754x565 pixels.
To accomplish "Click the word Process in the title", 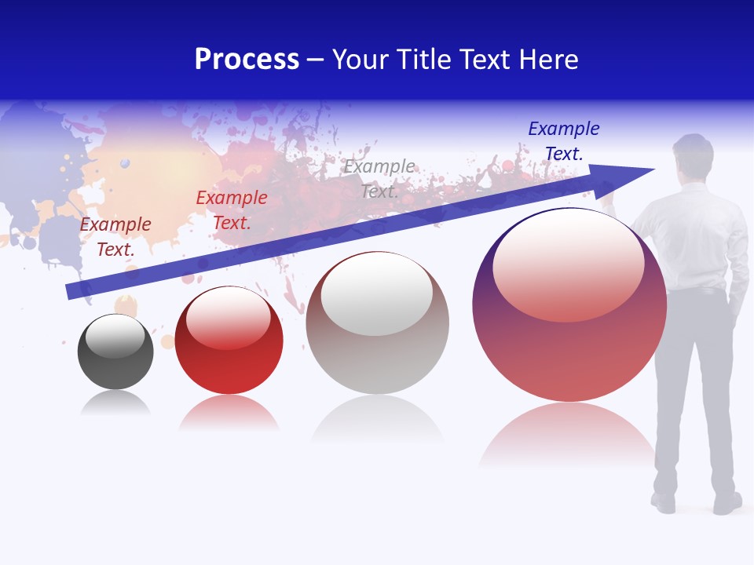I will coord(247,60).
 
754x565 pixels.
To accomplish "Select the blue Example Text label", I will coord(564,141).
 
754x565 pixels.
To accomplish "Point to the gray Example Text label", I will coord(379,178).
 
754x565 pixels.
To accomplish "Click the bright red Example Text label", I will coord(232,210).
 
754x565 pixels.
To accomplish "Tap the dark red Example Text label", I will coord(115,236).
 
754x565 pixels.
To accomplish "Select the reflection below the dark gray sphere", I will coord(115,403).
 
